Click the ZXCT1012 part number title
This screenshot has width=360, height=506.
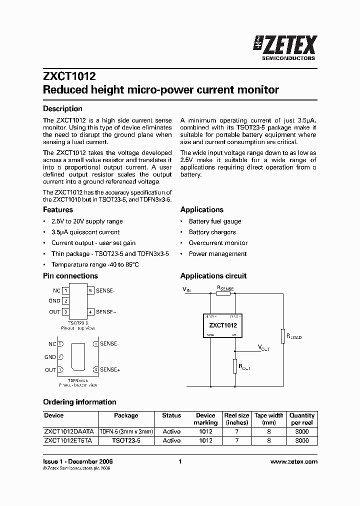click(69, 76)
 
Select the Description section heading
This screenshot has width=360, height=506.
click(62, 108)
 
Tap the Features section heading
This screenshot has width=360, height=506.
click(58, 209)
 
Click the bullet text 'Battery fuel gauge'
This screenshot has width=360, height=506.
click(214, 221)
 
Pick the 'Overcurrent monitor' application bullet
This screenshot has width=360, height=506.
click(218, 243)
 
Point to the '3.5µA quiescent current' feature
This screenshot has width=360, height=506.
click(85, 232)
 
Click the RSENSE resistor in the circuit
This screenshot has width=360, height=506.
click(223, 293)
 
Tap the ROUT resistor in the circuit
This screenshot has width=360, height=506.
click(234, 366)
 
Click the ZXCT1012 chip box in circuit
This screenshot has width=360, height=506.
click(222, 325)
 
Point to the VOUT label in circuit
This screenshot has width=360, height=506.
click(263, 348)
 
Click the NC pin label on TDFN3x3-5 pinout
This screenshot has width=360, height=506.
click(52, 344)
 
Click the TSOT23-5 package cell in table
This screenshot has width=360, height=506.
click(126, 440)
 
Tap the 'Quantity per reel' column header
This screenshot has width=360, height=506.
click(302, 419)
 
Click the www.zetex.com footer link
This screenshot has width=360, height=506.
click(293, 461)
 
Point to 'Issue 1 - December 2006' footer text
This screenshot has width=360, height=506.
click(78, 461)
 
